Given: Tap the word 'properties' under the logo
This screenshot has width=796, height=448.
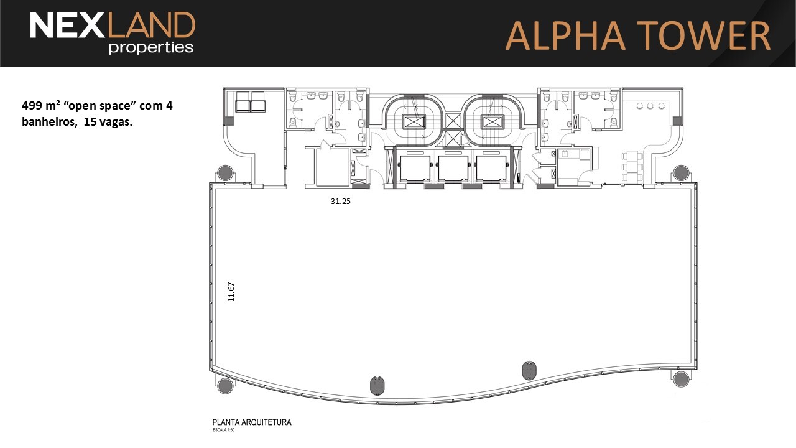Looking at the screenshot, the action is pos(151,48).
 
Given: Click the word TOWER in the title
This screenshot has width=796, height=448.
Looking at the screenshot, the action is pos(703,35).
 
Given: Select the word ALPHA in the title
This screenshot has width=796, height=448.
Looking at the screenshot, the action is pos(565,35).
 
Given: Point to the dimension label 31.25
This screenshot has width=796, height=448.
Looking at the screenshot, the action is pos(340,201).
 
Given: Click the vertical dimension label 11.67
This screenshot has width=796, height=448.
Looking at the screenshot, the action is pos(231,292).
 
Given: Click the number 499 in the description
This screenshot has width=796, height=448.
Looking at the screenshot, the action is pos(31,106).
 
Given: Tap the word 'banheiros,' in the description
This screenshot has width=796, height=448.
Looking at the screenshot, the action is pos(49,121).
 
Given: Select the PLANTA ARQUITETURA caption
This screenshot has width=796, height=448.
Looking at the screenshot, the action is pos(252,422).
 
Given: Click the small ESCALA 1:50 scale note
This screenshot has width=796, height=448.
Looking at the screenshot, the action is pos(223,430).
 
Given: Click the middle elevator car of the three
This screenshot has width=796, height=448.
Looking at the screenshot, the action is pos(453,167).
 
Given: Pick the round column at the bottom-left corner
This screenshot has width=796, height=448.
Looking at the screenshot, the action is pos(225,386).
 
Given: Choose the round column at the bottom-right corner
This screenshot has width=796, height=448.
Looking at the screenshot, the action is pos(681,379).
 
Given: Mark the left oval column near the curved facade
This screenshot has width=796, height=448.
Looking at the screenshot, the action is pos(377,385).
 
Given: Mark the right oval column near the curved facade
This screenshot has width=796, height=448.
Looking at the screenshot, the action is pos(529,370).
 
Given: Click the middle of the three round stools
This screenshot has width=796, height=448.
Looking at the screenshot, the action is pos(650,106).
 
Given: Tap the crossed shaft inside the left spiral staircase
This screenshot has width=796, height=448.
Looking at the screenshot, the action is pos(414,122).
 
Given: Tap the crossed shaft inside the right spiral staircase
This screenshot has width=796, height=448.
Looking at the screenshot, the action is pos(492,122).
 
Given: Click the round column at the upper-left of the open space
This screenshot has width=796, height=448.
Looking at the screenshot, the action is pos(225,173).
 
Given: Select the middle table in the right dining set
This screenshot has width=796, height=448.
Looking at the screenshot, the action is pos(632,167).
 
